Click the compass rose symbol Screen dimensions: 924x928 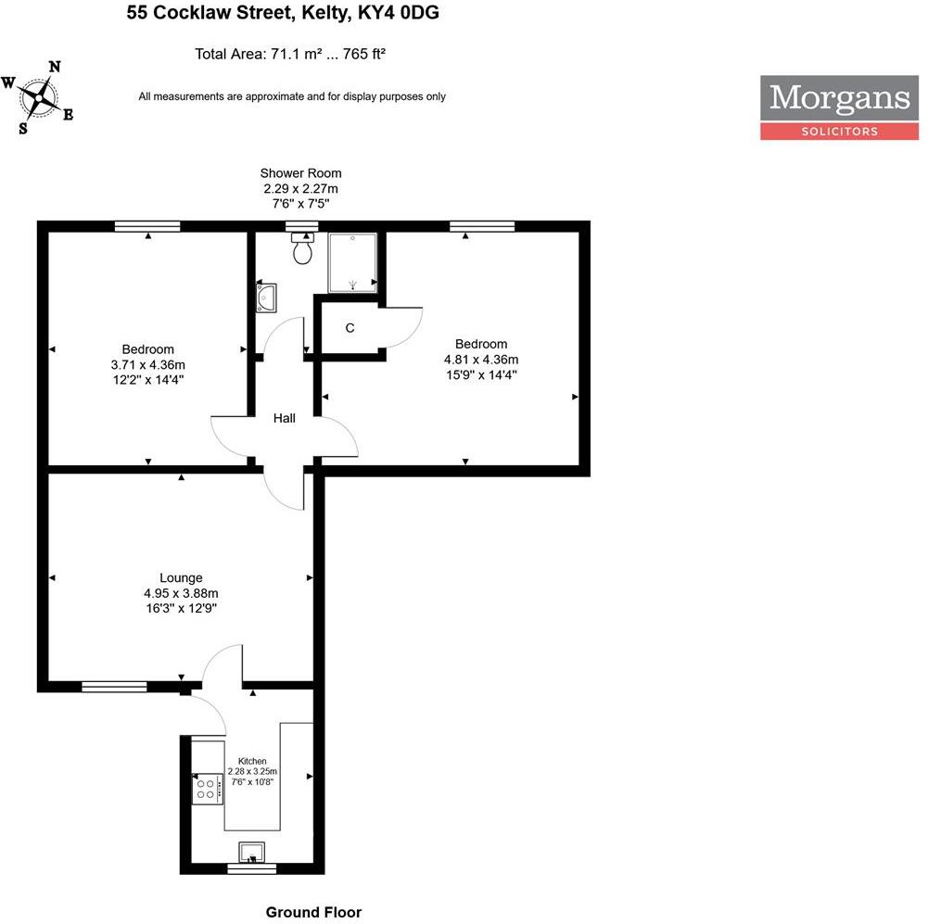40,96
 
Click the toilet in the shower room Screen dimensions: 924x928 302,248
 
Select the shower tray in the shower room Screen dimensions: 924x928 353,261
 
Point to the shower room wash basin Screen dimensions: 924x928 265,297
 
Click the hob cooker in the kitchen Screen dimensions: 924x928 206,789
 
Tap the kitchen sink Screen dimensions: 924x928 252,850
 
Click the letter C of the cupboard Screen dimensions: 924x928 350,328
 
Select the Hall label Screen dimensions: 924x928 284,419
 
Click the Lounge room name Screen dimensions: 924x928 181,577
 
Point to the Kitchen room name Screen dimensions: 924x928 252,761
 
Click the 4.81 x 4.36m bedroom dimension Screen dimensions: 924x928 481,360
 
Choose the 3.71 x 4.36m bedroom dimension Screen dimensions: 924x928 148,364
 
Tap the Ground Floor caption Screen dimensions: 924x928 313,912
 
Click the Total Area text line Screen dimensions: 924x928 290,54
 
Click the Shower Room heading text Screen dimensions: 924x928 300,173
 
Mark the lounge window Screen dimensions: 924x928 114,687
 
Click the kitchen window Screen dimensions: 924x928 252,869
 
